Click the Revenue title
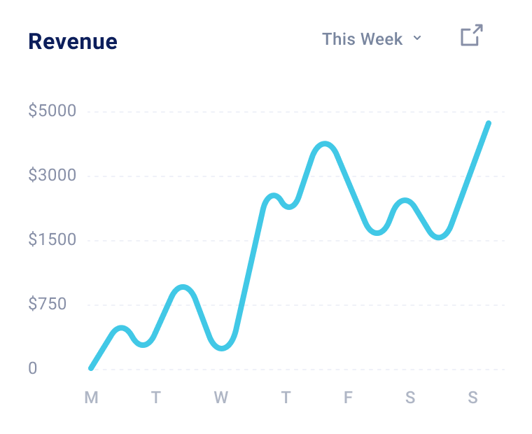coord(73,41)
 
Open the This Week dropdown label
coord(362,39)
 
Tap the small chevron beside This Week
coord(417,38)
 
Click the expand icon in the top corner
coord(472,36)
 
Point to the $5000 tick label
coord(52,111)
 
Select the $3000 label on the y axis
coord(52,176)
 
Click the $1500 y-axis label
coord(52,240)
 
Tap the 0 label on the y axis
coord(32,369)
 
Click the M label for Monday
coord(91,398)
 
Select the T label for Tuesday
coord(155,398)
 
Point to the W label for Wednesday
coord(220,398)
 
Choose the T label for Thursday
coord(286,398)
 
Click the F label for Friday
coord(348,398)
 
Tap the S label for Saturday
coord(410,398)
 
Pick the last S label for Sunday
coord(473,398)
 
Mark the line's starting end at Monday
coord(91,367)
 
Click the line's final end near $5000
coord(489,123)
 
